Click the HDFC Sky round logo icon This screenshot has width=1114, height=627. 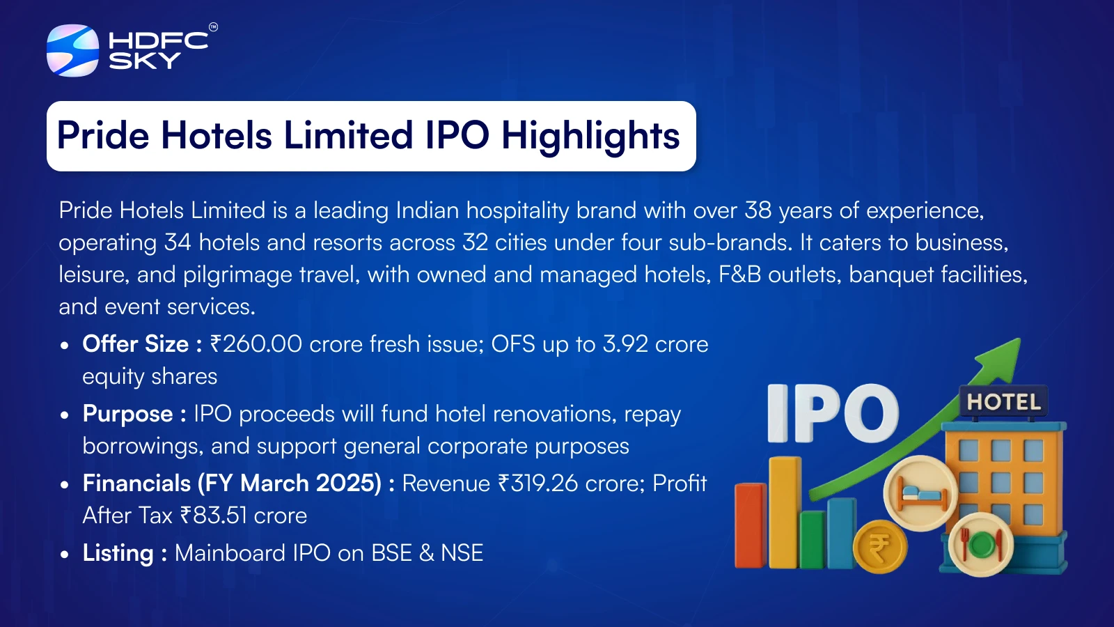[x=72, y=50]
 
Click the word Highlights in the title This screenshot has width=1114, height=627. [x=590, y=136]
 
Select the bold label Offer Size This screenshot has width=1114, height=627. [x=135, y=344]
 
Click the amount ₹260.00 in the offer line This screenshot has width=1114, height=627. [x=256, y=344]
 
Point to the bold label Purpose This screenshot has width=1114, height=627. [x=127, y=414]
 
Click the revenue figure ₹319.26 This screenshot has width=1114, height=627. [x=538, y=483]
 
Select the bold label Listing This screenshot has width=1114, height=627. [x=118, y=553]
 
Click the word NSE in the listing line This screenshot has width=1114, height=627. [x=462, y=553]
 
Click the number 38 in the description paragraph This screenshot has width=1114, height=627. [x=758, y=210]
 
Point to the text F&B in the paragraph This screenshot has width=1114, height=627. [x=739, y=274]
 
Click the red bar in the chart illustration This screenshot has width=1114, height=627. [x=751, y=525]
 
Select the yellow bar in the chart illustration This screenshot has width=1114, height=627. [x=785, y=513]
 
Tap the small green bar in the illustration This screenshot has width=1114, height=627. [x=813, y=539]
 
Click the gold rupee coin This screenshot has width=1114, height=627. [x=880, y=546]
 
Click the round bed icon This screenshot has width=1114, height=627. [x=920, y=493]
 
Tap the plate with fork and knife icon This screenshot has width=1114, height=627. [x=981, y=544]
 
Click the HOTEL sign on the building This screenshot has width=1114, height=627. [x=1003, y=402]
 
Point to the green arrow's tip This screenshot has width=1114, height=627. [x=1019, y=339]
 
